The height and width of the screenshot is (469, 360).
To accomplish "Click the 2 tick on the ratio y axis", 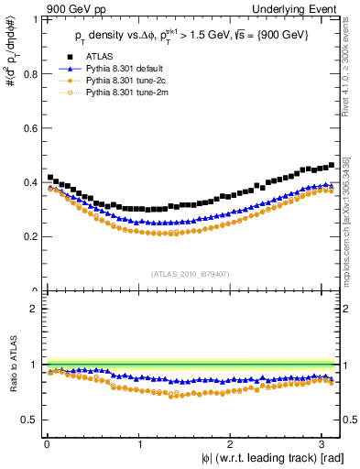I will coord(36,309).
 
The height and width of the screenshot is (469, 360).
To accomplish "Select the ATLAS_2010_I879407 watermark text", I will coord(191,272).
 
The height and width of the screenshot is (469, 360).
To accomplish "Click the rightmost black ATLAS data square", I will coord(331,165).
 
